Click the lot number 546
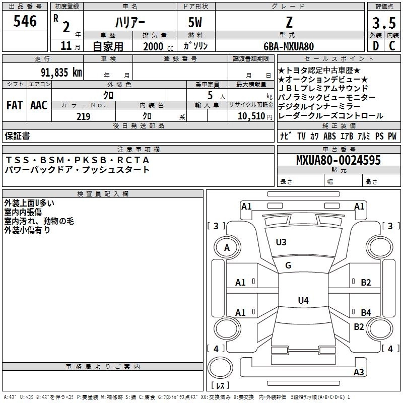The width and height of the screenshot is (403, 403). [25, 21]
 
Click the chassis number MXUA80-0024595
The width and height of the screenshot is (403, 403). [339, 160]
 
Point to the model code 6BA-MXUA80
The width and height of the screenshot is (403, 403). [289, 46]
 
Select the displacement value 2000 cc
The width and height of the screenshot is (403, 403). [157, 46]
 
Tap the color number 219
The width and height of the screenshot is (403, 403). [83, 116]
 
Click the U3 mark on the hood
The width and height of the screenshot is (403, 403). [281, 242]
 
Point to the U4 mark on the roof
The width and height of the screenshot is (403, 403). [303, 301]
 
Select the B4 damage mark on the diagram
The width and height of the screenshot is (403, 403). [366, 313]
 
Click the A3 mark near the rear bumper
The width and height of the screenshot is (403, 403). [359, 372]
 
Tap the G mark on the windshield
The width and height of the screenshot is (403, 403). [288, 265]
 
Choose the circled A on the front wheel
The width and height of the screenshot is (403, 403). [227, 248]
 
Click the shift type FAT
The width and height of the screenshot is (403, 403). [14, 105]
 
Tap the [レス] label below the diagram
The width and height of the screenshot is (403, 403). [220, 386]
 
